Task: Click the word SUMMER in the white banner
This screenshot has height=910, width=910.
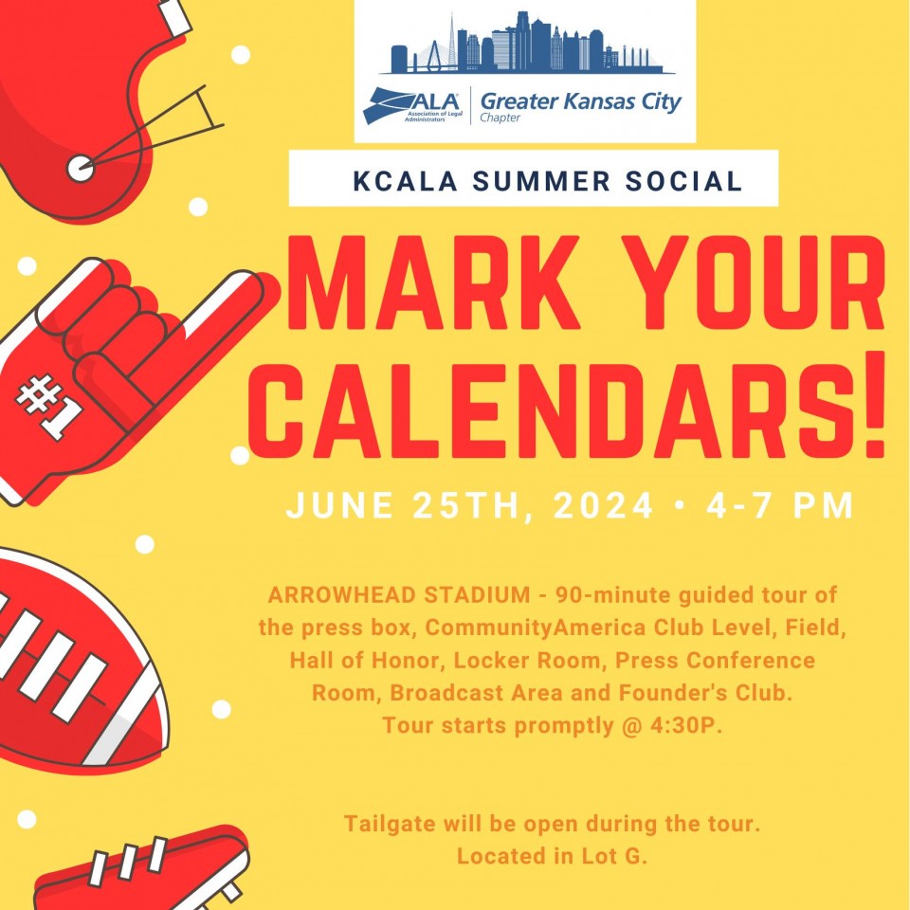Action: [x=541, y=180]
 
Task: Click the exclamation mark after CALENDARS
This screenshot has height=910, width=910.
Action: [x=870, y=405]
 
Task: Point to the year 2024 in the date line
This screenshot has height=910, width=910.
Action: [x=603, y=505]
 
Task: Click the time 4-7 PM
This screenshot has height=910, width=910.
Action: [x=779, y=505]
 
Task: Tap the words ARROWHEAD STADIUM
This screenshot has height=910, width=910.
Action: [x=399, y=595]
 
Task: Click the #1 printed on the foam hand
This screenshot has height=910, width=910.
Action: [x=48, y=408]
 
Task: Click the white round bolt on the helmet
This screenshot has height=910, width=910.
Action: [x=80, y=169]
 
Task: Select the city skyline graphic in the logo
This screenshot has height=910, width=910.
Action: [x=526, y=44]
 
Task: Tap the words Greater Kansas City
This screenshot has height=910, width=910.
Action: [x=581, y=101]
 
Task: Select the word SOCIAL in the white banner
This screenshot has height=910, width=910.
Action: [x=683, y=180]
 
